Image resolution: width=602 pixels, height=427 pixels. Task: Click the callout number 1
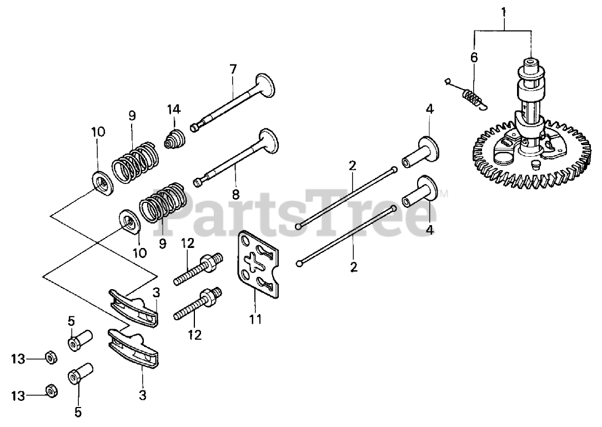(x=504, y=10)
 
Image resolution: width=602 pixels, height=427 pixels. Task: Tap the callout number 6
(x=474, y=57)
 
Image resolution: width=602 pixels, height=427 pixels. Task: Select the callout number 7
(x=233, y=69)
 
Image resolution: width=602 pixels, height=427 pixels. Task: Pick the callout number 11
(x=255, y=319)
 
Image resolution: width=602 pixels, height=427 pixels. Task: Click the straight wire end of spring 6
(x=450, y=84)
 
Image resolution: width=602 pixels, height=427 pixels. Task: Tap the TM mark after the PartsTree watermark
(x=444, y=195)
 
